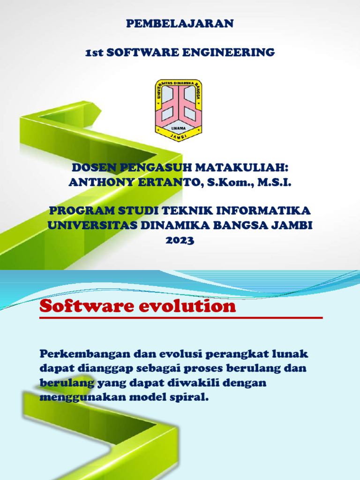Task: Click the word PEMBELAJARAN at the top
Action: [x=180, y=24]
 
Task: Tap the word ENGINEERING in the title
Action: [x=236, y=52]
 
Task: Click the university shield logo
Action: [x=179, y=111]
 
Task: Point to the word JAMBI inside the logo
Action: [x=179, y=135]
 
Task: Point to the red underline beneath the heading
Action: [x=181, y=318]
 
